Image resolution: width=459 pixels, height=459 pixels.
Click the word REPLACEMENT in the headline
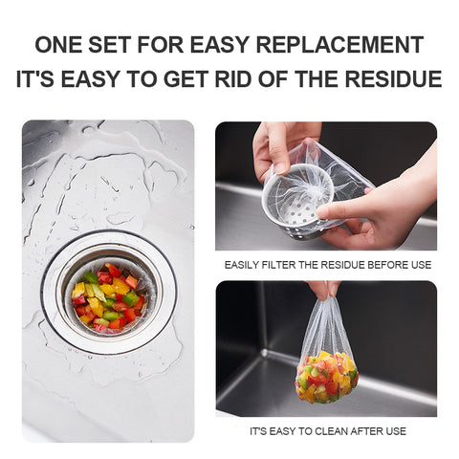pos(339,45)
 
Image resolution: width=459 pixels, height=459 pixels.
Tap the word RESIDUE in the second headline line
pos(393,78)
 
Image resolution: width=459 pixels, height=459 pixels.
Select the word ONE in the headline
pos(58,45)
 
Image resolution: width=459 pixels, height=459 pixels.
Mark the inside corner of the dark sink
pos(263,352)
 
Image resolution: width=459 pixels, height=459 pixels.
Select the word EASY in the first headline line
pos(218,45)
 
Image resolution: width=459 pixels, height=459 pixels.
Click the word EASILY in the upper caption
pos(242,265)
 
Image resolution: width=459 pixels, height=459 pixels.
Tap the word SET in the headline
pos(109,45)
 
